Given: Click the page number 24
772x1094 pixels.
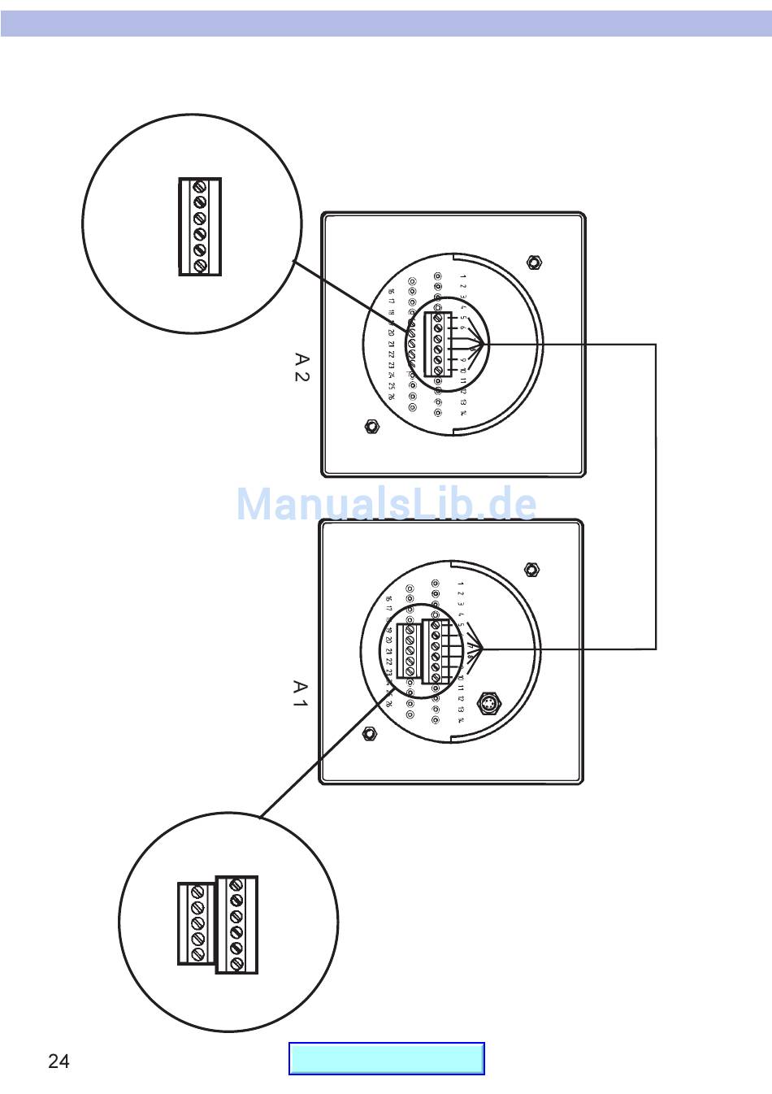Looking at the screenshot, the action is pyautogui.click(x=59, y=1061).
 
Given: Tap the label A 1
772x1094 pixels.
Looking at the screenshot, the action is pyautogui.click(x=300, y=694).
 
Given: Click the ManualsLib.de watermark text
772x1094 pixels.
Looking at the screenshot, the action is pyautogui.click(x=386, y=504).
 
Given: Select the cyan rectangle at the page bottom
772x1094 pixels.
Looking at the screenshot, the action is pyautogui.click(x=387, y=1058).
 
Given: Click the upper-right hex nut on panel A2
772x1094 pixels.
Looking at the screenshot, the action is pyautogui.click(x=534, y=263).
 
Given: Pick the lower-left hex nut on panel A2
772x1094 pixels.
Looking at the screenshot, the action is pyautogui.click(x=371, y=426).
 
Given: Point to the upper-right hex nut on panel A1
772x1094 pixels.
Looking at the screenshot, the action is pyautogui.click(x=531, y=570).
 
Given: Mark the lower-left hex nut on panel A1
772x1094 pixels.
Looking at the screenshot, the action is pyautogui.click(x=369, y=733).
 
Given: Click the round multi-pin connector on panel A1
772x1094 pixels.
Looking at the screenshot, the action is pyautogui.click(x=488, y=702).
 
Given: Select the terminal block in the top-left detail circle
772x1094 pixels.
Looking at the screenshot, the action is pyautogui.click(x=200, y=227).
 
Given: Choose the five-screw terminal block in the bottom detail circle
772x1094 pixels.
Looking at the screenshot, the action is pyautogui.click(x=197, y=923).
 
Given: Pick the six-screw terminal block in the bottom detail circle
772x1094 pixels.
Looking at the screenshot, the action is pyautogui.click(x=236, y=924).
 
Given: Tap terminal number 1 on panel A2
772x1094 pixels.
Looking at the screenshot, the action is pyautogui.click(x=462, y=276).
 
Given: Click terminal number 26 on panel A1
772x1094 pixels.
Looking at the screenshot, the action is pyautogui.click(x=388, y=704).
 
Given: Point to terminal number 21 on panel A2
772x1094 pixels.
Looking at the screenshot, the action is pyautogui.click(x=391, y=344).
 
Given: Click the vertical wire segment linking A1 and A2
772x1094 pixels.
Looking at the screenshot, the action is pyautogui.click(x=655, y=496).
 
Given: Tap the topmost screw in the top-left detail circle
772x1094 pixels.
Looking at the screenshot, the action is pyautogui.click(x=200, y=187).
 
